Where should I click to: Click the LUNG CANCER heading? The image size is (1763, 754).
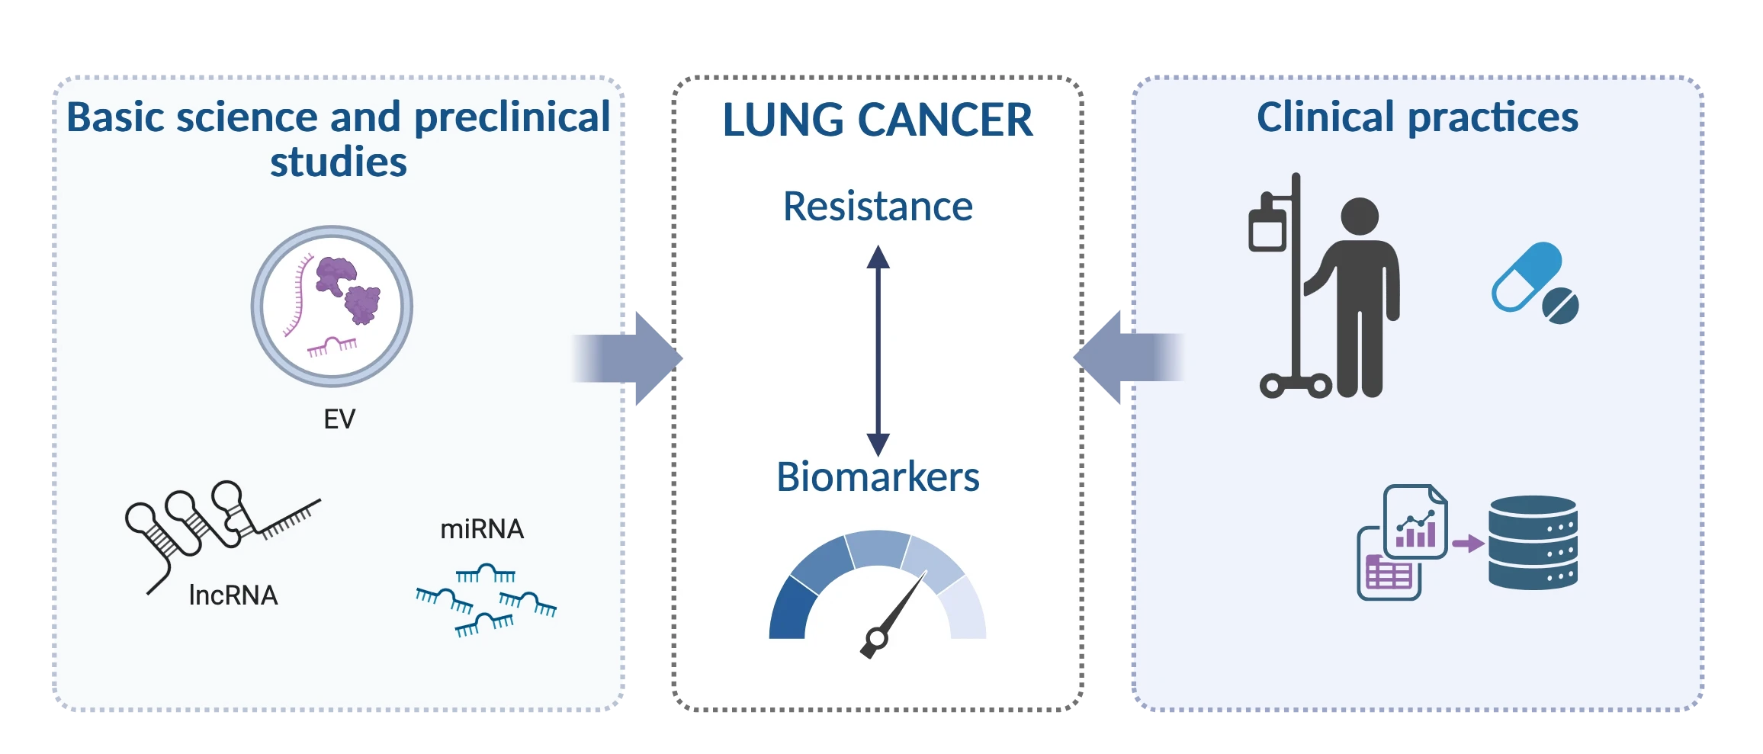878,120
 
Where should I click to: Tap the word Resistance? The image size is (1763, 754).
878,207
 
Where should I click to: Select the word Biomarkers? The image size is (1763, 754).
878,477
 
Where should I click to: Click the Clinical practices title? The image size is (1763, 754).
1417,117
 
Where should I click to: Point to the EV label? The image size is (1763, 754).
339,419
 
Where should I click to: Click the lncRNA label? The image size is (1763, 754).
233,595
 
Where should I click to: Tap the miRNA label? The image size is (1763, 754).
482,529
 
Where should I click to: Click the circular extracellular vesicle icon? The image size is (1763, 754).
332,306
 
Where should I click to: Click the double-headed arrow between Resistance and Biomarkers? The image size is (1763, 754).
878,351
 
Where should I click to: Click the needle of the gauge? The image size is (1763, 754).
900,610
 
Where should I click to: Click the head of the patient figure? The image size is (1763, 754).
1360,217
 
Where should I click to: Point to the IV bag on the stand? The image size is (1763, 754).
1267,227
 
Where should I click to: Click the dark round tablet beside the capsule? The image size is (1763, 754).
1560,306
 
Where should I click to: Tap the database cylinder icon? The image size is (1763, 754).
1533,542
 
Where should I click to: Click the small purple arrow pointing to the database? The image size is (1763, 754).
1468,544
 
